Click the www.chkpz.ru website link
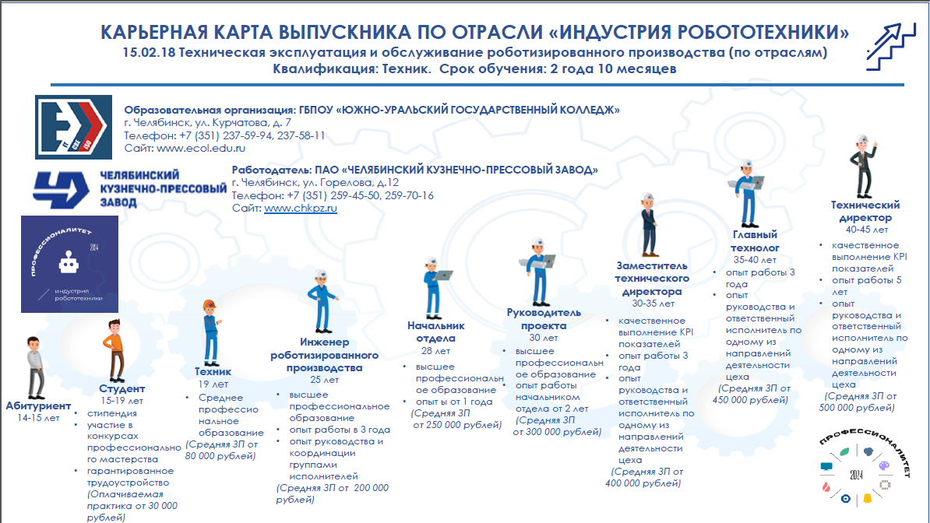click(x=301, y=209)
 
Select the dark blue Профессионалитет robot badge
click(x=69, y=264)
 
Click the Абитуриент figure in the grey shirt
click(x=33, y=367)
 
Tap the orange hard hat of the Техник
click(x=208, y=305)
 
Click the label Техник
click(x=213, y=372)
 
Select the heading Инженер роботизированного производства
click(x=324, y=355)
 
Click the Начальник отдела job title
click(x=435, y=332)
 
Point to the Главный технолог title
click(x=755, y=241)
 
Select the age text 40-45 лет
click(x=866, y=230)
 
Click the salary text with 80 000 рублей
click(x=220, y=451)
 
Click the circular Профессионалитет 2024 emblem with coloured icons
click(x=856, y=472)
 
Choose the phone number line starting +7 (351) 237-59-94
click(x=224, y=135)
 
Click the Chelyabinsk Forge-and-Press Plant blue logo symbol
click(x=62, y=188)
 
